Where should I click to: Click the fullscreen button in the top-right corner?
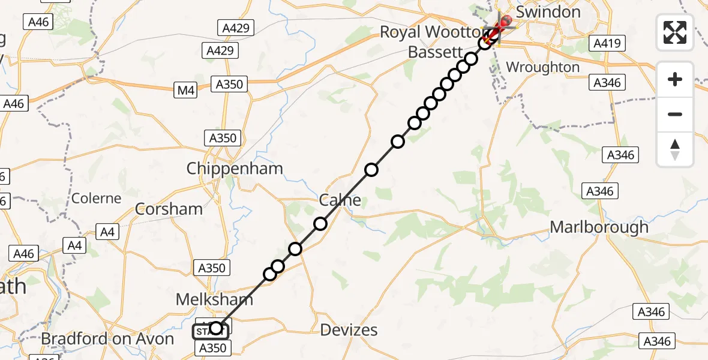tap(675, 32)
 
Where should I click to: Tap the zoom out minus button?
tap(675, 114)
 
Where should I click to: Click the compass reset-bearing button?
tap(675, 149)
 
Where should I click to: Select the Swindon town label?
tap(548, 12)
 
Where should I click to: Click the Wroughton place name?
tap(542, 67)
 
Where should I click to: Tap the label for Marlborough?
tap(599, 227)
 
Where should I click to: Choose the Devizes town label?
tap(349, 329)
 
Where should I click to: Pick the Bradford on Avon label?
tap(107, 338)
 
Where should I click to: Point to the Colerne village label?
tap(96, 198)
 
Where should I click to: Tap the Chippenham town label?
tap(234, 169)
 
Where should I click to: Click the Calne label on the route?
tap(341, 200)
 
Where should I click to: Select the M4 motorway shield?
tap(186, 91)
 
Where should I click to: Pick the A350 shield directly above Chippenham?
tap(223, 138)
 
